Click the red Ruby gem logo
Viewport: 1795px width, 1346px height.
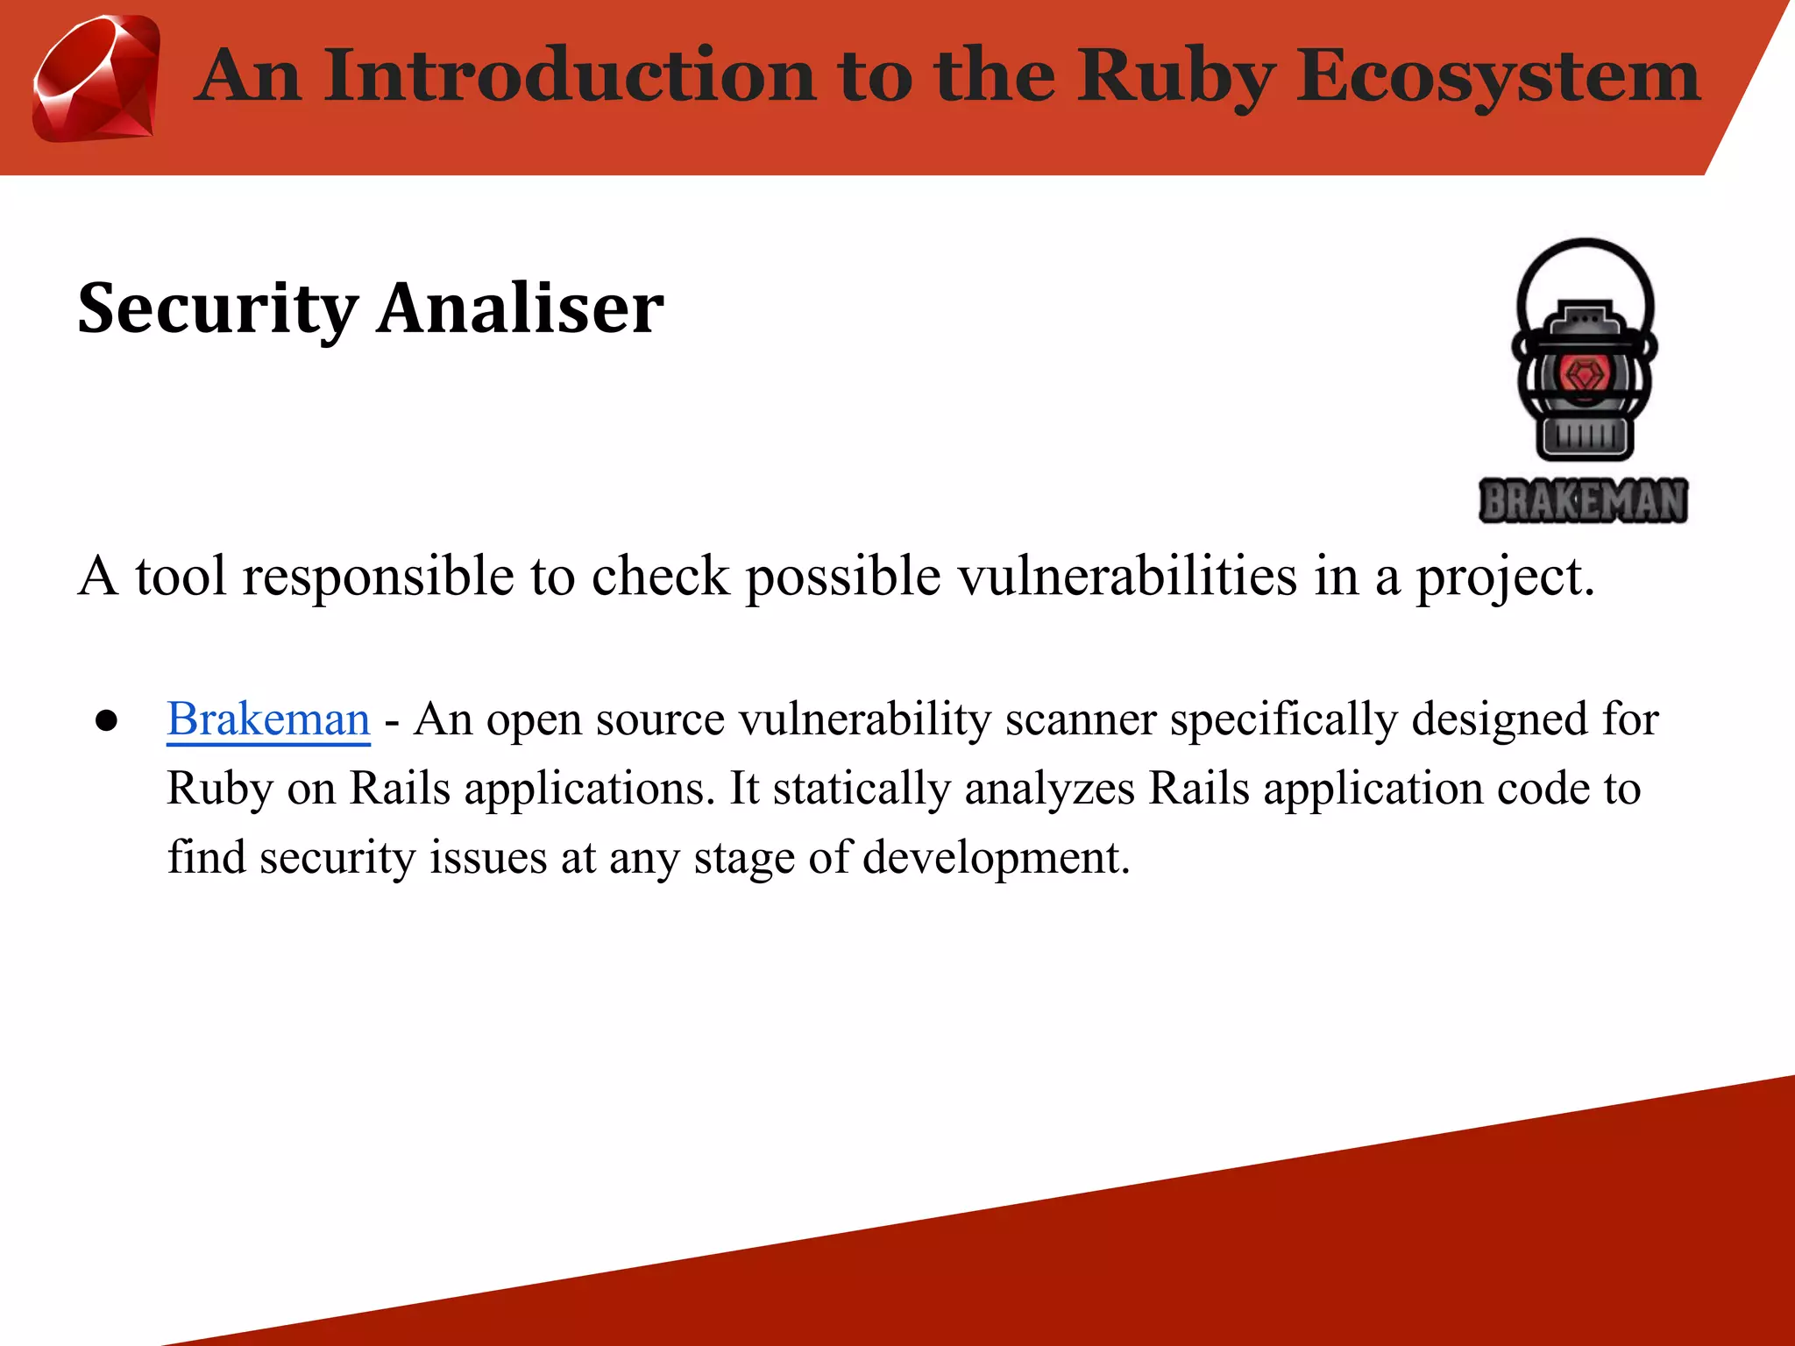pos(96,79)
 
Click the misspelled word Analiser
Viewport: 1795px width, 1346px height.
pos(521,308)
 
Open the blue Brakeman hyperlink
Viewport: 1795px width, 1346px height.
pos(268,719)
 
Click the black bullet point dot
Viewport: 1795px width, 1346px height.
pos(107,721)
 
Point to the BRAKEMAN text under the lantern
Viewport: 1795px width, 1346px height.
pos(1583,501)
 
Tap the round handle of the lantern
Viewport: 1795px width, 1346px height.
pos(1585,263)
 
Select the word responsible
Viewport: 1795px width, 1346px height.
pos(378,578)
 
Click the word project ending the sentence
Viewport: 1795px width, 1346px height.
pos(1504,578)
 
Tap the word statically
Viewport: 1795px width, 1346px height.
pos(862,788)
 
